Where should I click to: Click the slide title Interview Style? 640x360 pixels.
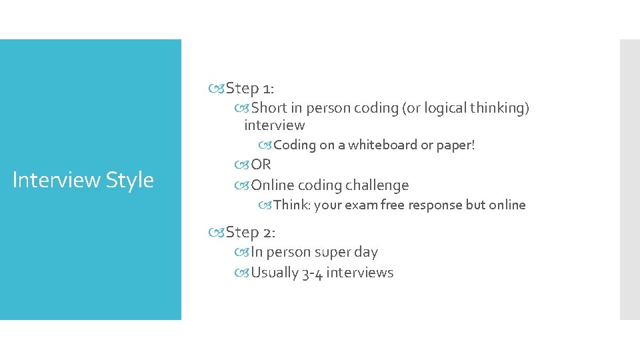(83, 180)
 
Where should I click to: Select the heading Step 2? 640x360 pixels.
(251, 232)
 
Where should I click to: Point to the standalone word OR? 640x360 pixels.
(261, 165)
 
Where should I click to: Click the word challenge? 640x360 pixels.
(377, 185)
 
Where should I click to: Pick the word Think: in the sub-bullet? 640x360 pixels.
(292, 205)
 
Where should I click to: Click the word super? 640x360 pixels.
(326, 253)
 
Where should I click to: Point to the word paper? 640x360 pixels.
(456, 145)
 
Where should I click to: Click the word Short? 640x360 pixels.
(269, 108)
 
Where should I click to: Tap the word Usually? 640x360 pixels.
(275, 273)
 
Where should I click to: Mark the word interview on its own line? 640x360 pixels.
(274, 125)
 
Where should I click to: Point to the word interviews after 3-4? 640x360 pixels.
(360, 273)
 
